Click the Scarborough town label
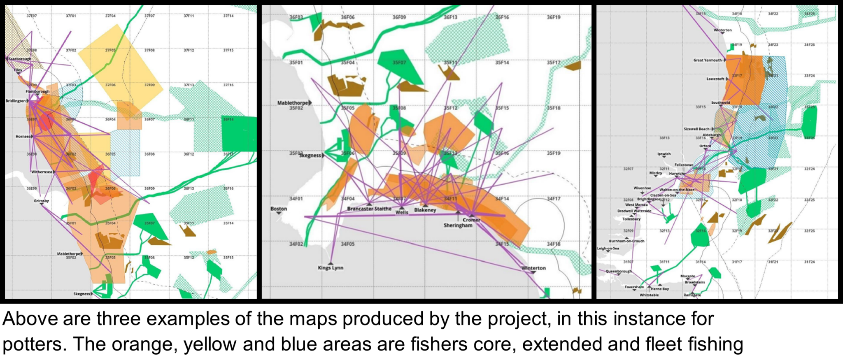coord(20,59)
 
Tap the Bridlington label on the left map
coord(15,101)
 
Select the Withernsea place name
coord(42,172)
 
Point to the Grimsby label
coord(41,201)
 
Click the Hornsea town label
coord(23,136)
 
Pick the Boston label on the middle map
coord(279,209)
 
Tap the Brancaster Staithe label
coord(369,209)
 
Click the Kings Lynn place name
coord(331,268)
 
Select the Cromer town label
coord(471,220)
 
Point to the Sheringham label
coord(458,225)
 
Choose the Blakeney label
coord(425,210)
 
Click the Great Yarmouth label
coord(708,60)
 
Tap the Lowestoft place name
coord(715,79)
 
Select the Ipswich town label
coord(664,154)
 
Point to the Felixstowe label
coord(683,165)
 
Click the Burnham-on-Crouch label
coord(626,241)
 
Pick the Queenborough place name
coord(618,271)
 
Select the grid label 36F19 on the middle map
coord(553,17)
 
